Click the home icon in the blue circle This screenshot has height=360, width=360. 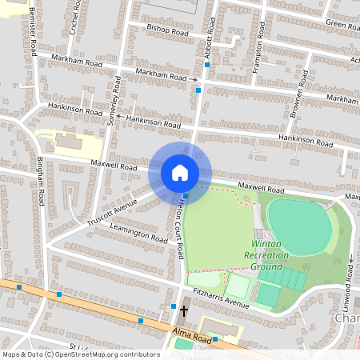(x=179, y=173)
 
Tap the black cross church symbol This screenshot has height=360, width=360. (x=183, y=310)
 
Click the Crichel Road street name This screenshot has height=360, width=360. (x=75, y=15)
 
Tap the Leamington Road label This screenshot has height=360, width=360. (x=140, y=234)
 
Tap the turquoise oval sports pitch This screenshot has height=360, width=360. (x=298, y=226)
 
